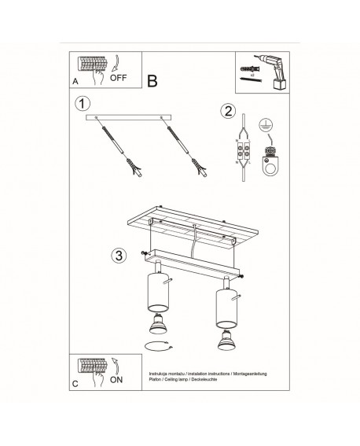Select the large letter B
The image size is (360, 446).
click(x=152, y=80)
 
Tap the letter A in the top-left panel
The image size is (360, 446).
click(x=75, y=80)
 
